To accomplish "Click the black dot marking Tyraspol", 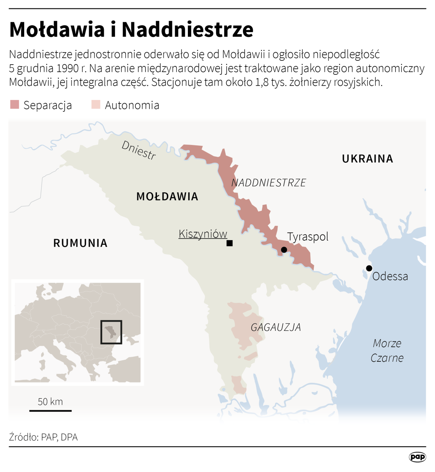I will point(284,250).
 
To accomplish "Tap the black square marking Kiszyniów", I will point(229,243).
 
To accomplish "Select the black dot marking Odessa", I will point(369,268).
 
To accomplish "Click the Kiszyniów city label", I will point(203,234).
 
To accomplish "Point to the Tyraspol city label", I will point(307,237).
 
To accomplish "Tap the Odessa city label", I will point(390,276).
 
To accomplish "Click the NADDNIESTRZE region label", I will point(269,183).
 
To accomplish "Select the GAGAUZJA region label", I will point(276,327).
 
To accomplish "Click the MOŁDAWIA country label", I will point(167,196).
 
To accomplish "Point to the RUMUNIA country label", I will point(80,243).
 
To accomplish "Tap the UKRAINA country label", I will point(367,159).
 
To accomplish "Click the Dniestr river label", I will point(139,150).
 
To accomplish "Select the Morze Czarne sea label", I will point(387,350).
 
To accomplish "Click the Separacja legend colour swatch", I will point(15,105).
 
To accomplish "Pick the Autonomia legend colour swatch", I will point(96,105).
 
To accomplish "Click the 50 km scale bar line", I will point(51,410).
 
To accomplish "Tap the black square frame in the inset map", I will point(111,321).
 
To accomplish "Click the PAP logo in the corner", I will point(417,457).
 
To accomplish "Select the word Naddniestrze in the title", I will point(188,29).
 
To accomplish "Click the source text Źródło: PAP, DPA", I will point(43,437).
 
